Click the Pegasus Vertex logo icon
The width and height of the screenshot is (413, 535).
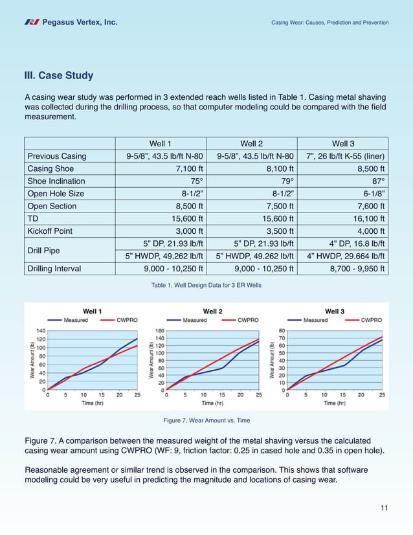[32, 23]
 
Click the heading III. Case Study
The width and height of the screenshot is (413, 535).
[59, 76]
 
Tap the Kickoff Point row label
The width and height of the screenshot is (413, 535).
[52, 231]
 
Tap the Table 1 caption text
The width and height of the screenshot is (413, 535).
[206, 286]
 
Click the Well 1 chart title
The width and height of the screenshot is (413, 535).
[91, 310]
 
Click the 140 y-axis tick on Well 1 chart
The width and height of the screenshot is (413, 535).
[40, 330]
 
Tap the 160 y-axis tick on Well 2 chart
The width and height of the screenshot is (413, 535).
[159, 330]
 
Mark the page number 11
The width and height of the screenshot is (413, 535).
[384, 507]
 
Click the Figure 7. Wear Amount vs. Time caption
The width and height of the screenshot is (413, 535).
[206, 421]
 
